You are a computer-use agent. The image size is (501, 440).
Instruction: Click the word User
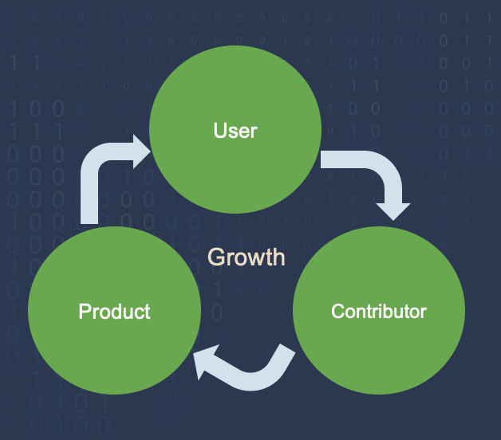[x=235, y=129]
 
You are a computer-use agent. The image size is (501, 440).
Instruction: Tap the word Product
[x=114, y=311]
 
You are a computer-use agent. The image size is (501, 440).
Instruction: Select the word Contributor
[x=379, y=311]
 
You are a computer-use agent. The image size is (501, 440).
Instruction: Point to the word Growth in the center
[x=246, y=257]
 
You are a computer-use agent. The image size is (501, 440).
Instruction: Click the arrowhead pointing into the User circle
[x=140, y=151]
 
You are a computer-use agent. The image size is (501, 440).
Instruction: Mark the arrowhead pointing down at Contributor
[x=393, y=210]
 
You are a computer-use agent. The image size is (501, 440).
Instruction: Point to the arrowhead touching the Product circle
[x=207, y=362]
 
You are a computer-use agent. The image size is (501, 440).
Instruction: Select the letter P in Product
[x=84, y=311]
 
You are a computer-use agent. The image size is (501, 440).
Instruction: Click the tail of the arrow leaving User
[x=327, y=159]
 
